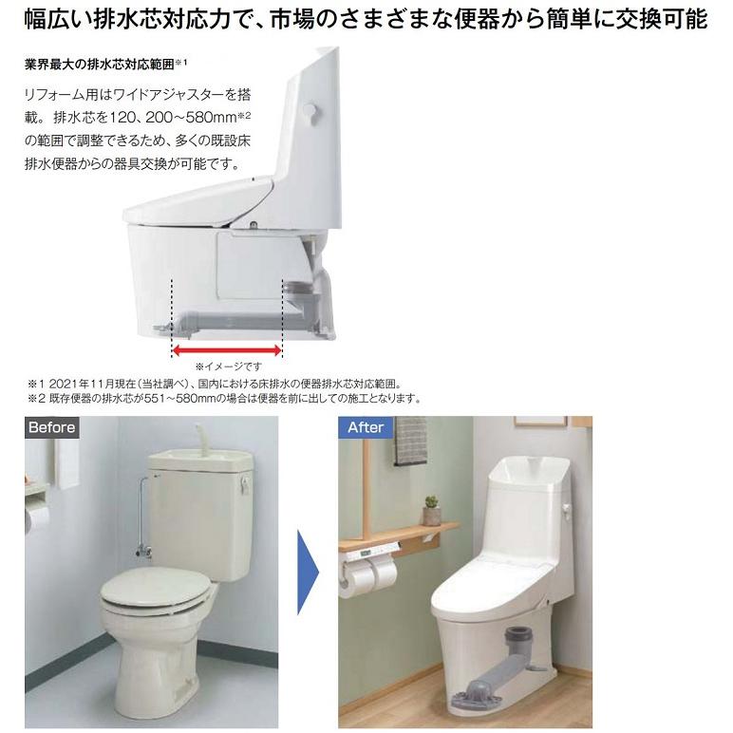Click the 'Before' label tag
tap(51, 427)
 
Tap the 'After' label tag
tap(366, 427)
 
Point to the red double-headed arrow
tap(227, 349)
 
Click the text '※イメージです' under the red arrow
tap(227, 366)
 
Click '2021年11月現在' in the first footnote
tap(91, 383)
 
